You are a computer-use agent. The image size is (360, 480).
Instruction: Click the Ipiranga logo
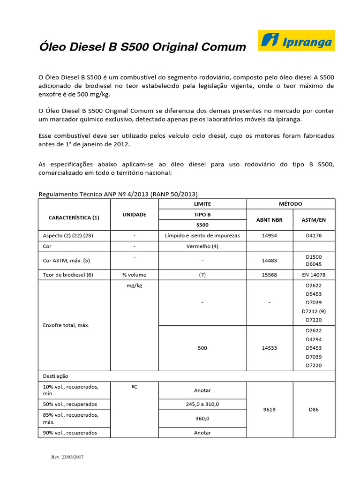(x=296, y=41)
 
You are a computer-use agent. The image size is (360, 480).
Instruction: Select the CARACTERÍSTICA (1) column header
(x=74, y=217)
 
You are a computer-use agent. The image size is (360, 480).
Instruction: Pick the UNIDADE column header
(x=134, y=214)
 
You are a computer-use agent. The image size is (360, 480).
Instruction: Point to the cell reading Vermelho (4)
(x=202, y=246)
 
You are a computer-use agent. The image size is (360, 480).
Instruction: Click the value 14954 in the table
(x=270, y=235)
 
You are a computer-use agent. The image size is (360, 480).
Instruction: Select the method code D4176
(x=314, y=235)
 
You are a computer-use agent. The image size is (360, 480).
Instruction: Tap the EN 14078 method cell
(x=314, y=275)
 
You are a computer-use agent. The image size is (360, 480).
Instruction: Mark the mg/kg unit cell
(x=134, y=285)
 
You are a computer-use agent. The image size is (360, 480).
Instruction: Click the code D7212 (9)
(x=314, y=311)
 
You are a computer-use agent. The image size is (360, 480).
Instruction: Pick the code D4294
(x=314, y=339)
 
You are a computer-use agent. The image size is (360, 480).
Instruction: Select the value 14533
(x=270, y=348)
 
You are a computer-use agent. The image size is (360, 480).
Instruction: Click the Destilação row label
(x=56, y=376)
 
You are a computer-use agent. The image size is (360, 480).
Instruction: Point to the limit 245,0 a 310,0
(x=202, y=404)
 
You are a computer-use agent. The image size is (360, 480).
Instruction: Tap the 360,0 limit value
(x=202, y=418)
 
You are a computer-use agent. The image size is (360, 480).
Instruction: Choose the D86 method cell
(x=314, y=409)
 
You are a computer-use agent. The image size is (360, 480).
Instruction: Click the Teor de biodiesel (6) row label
(x=68, y=275)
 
